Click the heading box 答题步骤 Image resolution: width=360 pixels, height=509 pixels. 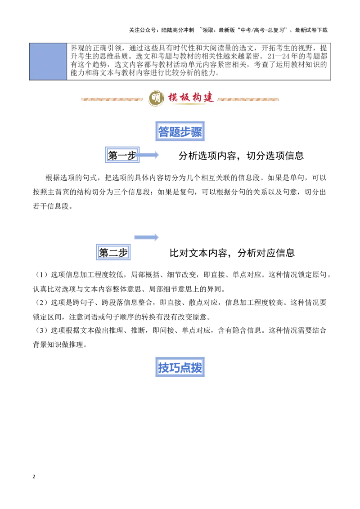pyautogui.click(x=180, y=131)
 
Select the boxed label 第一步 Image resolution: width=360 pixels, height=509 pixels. pyautogui.click(x=122, y=155)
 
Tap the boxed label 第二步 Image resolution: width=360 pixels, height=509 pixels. pyautogui.click(x=113, y=252)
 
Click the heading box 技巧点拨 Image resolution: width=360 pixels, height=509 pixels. pyautogui.click(x=180, y=367)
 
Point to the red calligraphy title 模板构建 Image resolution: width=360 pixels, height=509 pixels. pyautogui.click(x=191, y=98)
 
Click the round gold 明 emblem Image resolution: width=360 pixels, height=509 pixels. pyautogui.click(x=156, y=98)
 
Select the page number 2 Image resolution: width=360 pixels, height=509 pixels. pyautogui.click(x=34, y=477)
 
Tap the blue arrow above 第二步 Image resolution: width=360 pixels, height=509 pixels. pyautogui.click(x=147, y=237)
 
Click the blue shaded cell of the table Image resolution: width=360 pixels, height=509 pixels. pyautogui.click(x=48, y=61)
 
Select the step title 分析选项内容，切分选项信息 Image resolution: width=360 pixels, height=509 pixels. pyautogui.click(x=241, y=156)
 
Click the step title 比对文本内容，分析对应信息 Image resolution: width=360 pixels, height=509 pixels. pyautogui.click(x=232, y=253)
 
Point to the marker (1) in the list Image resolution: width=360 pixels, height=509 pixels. pyautogui.click(x=41, y=275)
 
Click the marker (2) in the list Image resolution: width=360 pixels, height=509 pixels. pyautogui.click(x=41, y=303)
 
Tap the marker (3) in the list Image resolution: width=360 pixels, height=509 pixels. pyautogui.click(x=41, y=330)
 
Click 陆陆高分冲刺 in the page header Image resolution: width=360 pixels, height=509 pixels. pyautogui.click(x=177, y=30)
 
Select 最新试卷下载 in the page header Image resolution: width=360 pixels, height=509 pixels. pyautogui.click(x=311, y=30)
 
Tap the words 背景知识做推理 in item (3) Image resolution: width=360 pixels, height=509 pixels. pyautogui.click(x=58, y=344)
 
